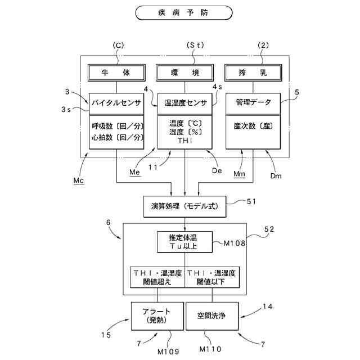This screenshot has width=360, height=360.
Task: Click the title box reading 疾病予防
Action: tap(184, 13)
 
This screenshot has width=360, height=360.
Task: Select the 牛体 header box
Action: tap(116, 73)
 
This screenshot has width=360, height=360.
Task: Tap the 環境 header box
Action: tap(185, 73)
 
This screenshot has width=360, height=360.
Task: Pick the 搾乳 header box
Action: tap(253, 73)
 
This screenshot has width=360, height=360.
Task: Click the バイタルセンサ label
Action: tap(116, 103)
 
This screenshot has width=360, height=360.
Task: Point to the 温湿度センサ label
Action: tap(186, 103)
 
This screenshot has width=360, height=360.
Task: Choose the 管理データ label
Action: tap(254, 102)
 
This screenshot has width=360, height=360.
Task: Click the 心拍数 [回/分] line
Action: tap(118, 137)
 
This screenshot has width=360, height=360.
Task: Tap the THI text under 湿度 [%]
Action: tap(185, 141)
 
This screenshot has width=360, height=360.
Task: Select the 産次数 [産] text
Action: tap(253, 126)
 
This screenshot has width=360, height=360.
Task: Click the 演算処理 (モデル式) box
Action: tap(185, 206)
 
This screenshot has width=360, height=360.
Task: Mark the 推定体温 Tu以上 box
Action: tap(185, 242)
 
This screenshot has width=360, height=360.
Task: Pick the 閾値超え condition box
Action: tap(157, 277)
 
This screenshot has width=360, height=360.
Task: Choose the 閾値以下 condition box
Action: tap(212, 277)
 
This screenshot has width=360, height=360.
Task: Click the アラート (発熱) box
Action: tap(157, 316)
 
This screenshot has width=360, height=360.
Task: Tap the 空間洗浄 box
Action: tap(212, 316)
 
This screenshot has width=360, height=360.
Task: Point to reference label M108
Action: tap(235, 243)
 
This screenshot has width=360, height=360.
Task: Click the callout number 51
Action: tap(251, 201)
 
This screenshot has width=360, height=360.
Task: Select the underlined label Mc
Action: tap(79, 181)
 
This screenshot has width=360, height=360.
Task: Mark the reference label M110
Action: tap(210, 349)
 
